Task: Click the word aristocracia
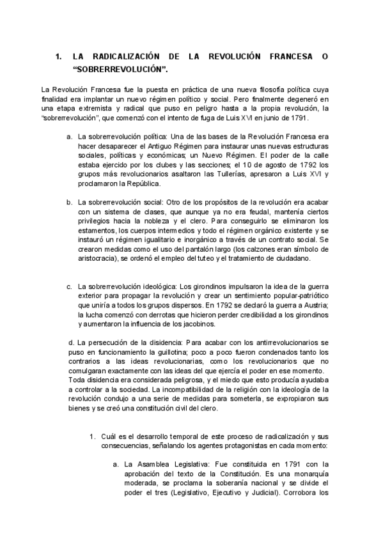(x=99, y=258)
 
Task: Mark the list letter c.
(x=68, y=286)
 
